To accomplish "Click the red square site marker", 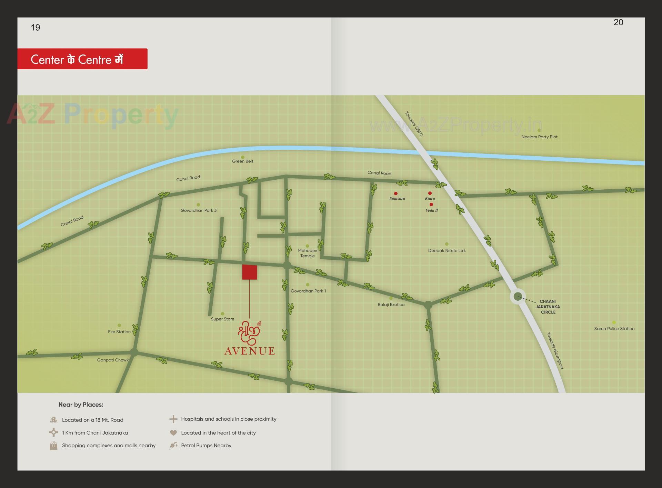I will click(x=249, y=272).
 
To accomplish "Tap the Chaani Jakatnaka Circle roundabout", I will click(x=518, y=297).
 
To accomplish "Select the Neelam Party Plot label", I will click(x=539, y=137).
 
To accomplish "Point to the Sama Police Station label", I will click(x=614, y=329).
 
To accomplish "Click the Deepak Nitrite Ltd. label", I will click(x=447, y=251).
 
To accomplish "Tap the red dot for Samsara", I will click(x=396, y=193).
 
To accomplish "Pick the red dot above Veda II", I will click(x=431, y=205).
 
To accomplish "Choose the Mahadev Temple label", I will click(x=307, y=253).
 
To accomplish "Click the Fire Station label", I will click(x=119, y=332).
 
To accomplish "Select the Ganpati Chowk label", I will click(x=113, y=360).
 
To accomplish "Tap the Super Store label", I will click(x=222, y=319).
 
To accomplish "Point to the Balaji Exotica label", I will click(x=391, y=305).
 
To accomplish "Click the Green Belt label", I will click(x=242, y=161).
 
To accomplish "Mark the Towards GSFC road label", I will click(x=414, y=124).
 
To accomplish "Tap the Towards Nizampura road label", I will click(x=555, y=351).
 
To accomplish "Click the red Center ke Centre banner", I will click(x=82, y=59).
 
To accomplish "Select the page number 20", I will click(x=618, y=22).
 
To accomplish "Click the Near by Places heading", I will click(x=81, y=405).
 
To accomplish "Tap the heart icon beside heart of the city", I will click(x=173, y=432).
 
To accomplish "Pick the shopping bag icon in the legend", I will click(x=53, y=446).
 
